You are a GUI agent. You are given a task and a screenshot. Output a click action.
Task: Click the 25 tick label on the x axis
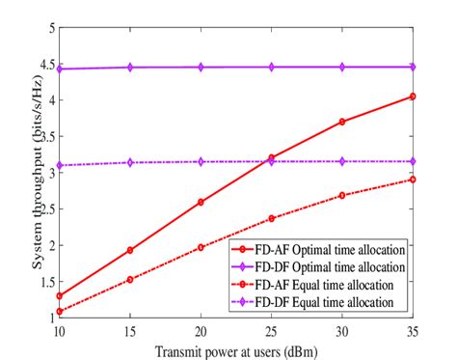click(271, 329)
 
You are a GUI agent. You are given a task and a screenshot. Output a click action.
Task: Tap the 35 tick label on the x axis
click(413, 329)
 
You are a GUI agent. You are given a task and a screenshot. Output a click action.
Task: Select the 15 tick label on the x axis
click(129, 329)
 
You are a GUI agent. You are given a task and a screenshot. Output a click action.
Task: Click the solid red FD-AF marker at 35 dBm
click(413, 97)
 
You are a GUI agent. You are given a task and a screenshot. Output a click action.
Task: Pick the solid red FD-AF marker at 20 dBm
click(200, 202)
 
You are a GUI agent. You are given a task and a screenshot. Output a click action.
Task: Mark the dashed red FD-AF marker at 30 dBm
click(342, 195)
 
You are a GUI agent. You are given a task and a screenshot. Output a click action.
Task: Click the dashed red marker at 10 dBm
click(59, 311)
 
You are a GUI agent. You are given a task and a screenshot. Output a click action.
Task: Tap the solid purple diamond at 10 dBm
click(59, 69)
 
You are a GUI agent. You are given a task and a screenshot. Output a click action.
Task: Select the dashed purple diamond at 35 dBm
click(413, 161)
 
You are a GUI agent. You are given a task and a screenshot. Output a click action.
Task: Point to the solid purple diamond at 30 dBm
click(342, 68)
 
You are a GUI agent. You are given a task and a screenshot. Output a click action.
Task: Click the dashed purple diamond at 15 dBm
click(129, 162)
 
